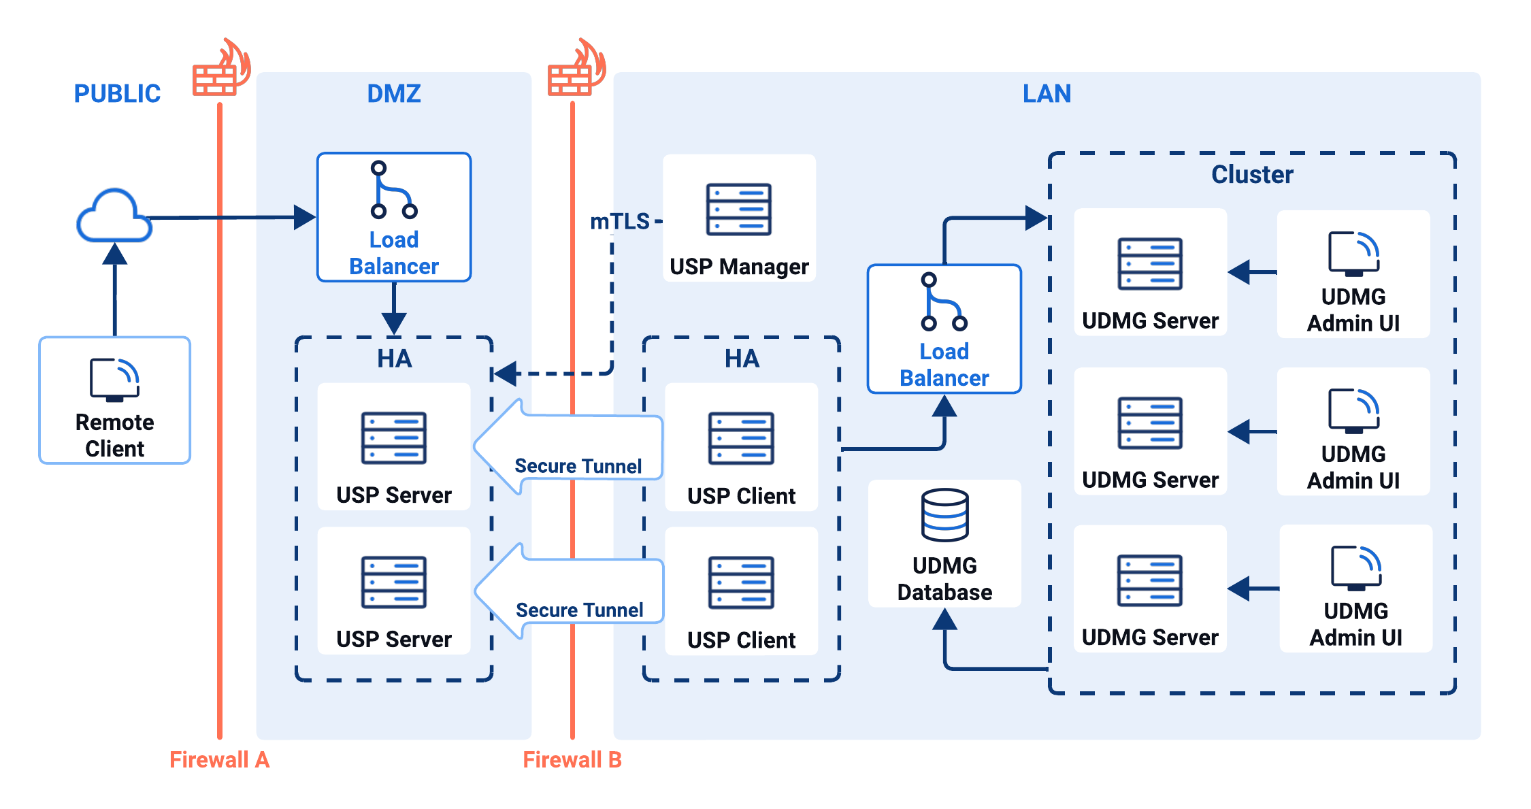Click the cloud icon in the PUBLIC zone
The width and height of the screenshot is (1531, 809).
click(114, 216)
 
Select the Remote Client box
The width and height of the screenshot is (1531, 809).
click(114, 400)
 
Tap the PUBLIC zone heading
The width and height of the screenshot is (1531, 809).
click(117, 93)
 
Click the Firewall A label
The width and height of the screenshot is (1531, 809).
click(219, 759)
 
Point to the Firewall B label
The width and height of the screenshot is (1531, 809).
click(572, 759)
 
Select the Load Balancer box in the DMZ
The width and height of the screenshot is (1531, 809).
click(393, 217)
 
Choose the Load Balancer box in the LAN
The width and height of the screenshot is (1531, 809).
click(944, 329)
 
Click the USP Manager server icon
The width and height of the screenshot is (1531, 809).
click(738, 209)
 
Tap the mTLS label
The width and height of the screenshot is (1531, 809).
click(619, 222)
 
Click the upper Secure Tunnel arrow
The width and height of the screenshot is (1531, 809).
click(568, 446)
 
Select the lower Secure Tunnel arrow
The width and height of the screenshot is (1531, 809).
click(568, 591)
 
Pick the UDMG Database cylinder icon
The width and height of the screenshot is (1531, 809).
click(944, 514)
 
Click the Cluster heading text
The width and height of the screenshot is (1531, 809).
click(1251, 175)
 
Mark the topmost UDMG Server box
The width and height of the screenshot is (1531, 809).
click(1150, 272)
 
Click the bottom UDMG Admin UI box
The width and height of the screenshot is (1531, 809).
click(1355, 589)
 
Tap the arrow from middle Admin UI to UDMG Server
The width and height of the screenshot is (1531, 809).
click(1252, 431)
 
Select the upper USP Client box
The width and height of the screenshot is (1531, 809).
click(741, 447)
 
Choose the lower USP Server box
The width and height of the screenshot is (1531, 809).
click(393, 591)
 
